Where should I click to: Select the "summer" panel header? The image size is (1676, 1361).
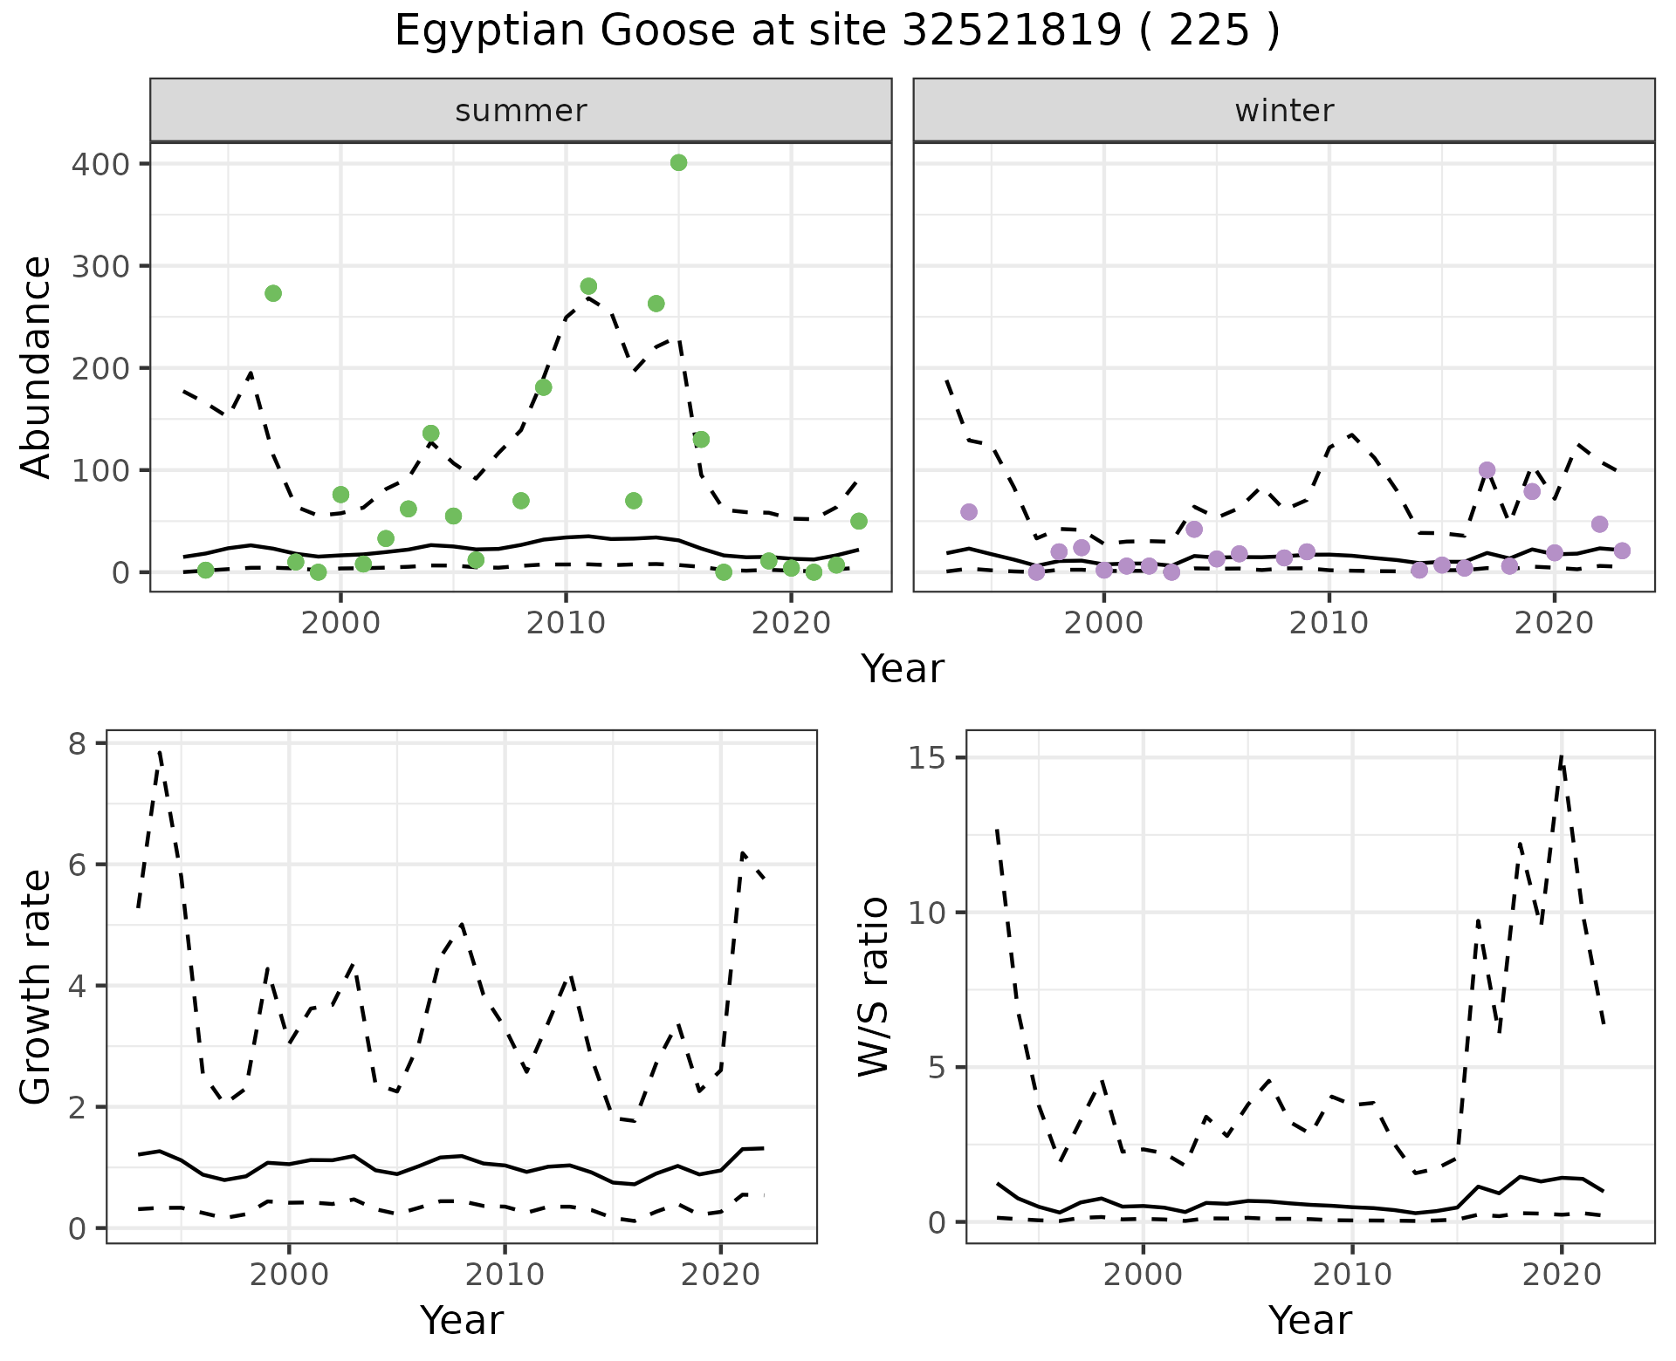pos(521,111)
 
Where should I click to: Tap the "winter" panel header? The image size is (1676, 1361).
pos(1284,111)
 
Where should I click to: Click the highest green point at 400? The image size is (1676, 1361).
pos(678,163)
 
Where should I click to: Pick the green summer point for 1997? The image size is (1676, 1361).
pos(273,293)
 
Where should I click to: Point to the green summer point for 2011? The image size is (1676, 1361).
pos(588,286)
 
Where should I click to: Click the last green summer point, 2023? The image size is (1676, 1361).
pos(858,521)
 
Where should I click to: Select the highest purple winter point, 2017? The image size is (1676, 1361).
pos(1487,470)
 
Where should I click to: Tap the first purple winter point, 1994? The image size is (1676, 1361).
pos(969,512)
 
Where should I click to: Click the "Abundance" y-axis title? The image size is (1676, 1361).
pos(37,367)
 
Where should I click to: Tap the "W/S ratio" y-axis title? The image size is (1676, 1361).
pos(873,987)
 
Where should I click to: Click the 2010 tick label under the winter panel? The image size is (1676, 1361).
pos(1329,623)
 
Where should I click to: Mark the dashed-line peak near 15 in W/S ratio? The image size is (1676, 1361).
pos(1562,756)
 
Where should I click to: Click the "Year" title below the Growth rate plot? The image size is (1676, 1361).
pos(462,1320)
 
